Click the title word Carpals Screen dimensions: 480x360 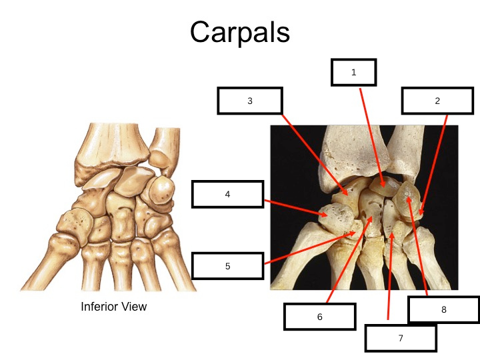coord(239,31)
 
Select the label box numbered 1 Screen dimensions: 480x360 coord(354,73)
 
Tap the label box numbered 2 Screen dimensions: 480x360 coord(437,101)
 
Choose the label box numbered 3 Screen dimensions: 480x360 coord(250,101)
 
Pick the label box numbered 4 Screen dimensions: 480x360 coord(227,194)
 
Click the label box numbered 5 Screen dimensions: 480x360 coord(227,266)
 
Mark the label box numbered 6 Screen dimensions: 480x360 coord(319,317)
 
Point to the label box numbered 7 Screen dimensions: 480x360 coord(401,338)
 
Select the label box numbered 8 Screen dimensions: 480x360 coord(443,310)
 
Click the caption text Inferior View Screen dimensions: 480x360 coord(113,307)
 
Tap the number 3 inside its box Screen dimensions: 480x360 coord(250,101)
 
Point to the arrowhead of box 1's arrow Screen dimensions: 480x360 coord(383,185)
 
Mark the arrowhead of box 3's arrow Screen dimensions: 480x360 coord(347,195)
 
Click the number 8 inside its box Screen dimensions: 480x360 coord(443,310)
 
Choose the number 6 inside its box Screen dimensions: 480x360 coord(319,317)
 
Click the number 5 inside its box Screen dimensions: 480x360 coord(227,266)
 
